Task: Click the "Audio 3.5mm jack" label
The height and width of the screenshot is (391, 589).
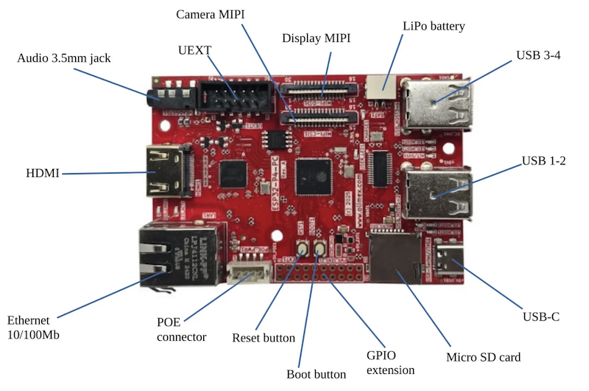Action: [63, 57]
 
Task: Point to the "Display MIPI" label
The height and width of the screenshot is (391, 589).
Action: [316, 38]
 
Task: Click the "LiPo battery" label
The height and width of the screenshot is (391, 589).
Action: [434, 26]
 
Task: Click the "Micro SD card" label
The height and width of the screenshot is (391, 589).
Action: [484, 357]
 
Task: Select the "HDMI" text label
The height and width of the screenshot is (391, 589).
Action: [42, 174]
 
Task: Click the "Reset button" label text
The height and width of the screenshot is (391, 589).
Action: [264, 338]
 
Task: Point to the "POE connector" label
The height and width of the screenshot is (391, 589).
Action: [180, 329]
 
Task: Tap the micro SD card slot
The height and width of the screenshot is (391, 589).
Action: [394, 256]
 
